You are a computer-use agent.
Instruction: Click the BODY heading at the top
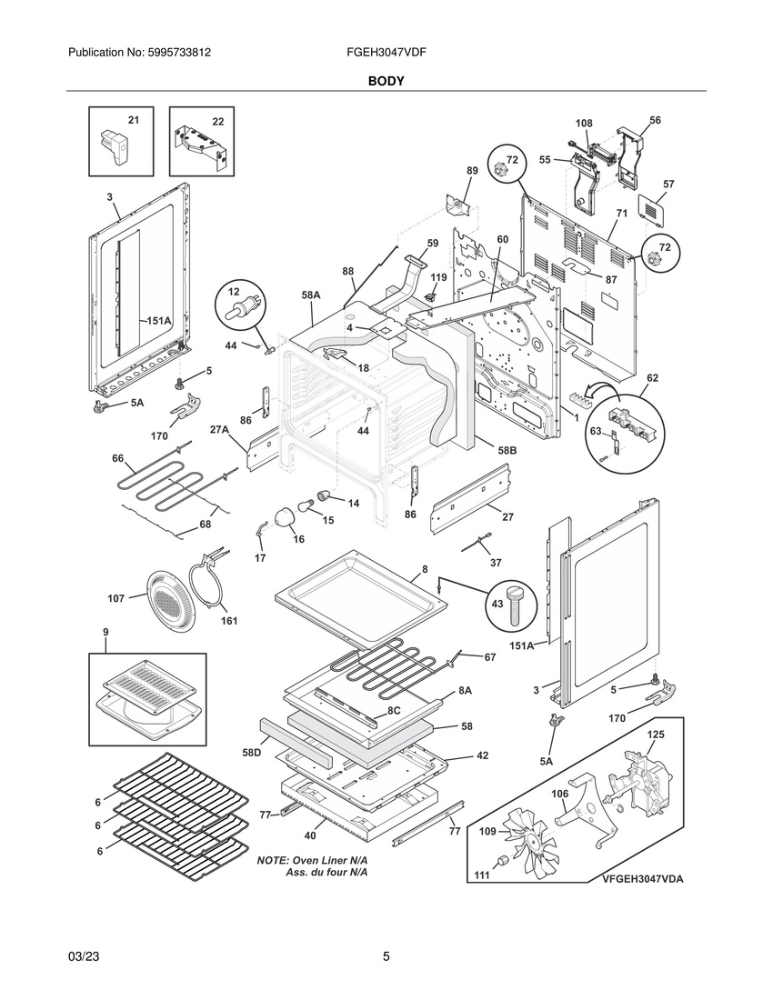[386, 81]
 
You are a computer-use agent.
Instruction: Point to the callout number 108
[584, 123]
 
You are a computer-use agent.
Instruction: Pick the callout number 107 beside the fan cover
[115, 599]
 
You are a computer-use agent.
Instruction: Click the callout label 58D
[252, 754]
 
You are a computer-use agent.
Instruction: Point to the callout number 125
[656, 734]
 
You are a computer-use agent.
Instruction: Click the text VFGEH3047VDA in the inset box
[643, 879]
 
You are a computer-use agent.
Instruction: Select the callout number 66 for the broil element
[118, 458]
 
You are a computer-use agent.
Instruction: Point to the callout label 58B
[507, 450]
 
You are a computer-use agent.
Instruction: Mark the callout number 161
[229, 621]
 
